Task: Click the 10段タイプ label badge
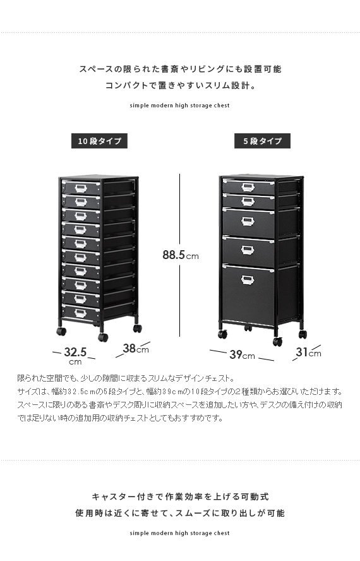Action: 99,141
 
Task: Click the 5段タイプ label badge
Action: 262,141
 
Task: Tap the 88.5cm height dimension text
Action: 181,255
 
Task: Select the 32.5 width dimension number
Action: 75,352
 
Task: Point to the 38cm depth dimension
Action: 136,348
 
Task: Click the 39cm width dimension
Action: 242,354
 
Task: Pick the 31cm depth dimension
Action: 308,353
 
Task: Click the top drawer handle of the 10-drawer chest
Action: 80,188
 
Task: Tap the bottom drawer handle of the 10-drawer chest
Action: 80,313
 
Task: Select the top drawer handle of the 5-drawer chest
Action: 248,187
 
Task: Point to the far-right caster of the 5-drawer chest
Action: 303,334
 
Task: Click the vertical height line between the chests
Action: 179,255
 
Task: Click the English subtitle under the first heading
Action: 179,106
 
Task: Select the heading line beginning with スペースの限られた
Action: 181,69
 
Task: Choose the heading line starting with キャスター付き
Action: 181,497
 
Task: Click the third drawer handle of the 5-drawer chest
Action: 248,222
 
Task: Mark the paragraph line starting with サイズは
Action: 179,392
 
